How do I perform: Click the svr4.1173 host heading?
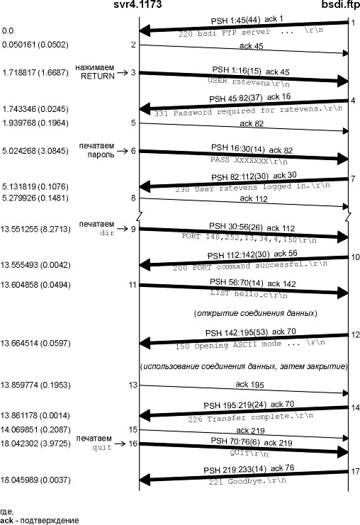click(137, 4)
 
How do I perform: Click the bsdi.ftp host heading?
click(341, 4)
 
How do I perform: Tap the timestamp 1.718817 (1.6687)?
click(35, 72)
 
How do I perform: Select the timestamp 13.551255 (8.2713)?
click(35, 230)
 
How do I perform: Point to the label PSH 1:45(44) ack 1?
click(247, 20)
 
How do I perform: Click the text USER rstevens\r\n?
click(249, 81)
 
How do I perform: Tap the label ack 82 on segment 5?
click(252, 123)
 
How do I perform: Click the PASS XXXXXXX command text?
click(249, 160)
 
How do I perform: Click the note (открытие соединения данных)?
click(256, 313)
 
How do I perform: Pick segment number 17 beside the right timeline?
click(355, 471)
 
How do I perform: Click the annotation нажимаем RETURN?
click(95, 72)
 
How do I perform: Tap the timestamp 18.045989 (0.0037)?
click(35, 480)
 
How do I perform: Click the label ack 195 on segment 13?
click(250, 385)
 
